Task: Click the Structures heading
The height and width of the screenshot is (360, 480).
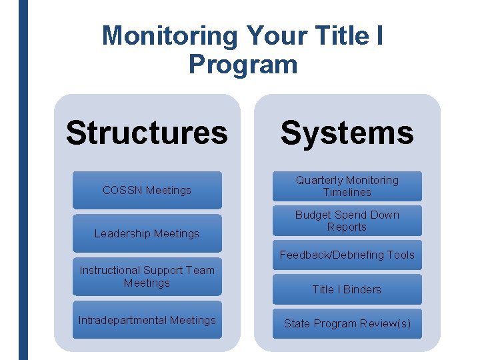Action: point(147,133)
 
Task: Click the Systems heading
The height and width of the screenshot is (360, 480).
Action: point(347,133)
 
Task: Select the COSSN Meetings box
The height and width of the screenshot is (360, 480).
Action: point(147,190)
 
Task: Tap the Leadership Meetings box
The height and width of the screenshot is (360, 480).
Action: point(147,233)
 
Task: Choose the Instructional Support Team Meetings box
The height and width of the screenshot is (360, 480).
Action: point(147,277)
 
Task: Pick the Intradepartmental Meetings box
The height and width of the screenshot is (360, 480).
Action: point(147,321)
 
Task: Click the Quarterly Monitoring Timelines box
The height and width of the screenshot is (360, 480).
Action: point(347,186)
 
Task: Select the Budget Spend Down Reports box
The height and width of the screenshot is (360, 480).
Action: point(347,221)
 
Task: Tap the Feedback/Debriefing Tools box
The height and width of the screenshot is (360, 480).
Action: point(347,255)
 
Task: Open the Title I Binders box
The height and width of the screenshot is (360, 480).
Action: point(347,289)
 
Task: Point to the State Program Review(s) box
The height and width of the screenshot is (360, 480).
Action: point(347,324)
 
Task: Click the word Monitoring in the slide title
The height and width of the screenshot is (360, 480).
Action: point(169,35)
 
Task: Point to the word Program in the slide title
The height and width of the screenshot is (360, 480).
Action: point(243,65)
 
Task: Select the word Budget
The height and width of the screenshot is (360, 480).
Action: point(312,215)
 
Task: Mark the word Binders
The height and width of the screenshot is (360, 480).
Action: point(363,289)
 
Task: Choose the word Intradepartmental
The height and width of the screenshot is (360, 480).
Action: point(123,321)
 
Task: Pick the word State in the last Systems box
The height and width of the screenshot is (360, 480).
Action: point(297,324)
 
